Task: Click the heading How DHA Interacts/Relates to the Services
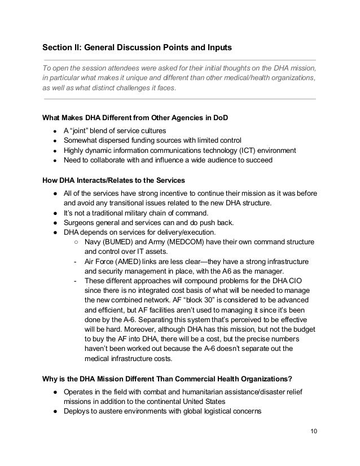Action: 113,181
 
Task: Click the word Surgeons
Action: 79,222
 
